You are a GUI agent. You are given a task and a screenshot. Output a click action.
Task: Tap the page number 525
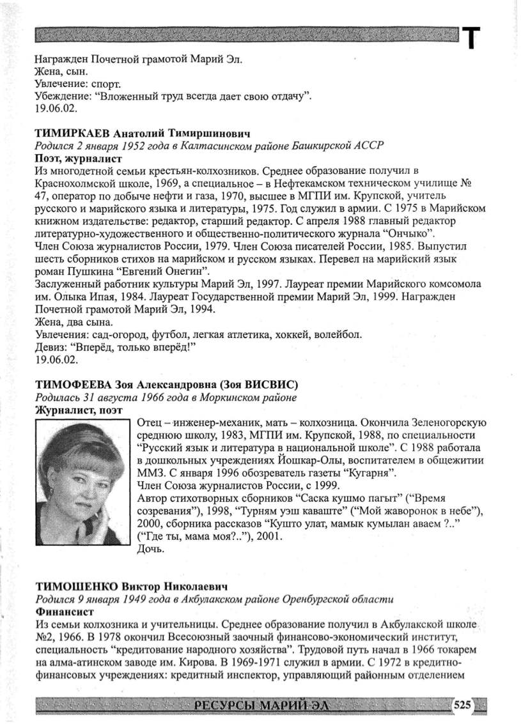click(462, 705)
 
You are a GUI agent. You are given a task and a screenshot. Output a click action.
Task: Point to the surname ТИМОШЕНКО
click(76, 586)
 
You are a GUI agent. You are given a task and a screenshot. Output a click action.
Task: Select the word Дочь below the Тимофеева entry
click(150, 549)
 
